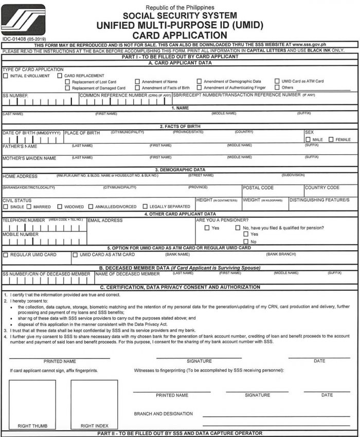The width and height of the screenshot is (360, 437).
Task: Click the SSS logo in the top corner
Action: [x=23, y=20]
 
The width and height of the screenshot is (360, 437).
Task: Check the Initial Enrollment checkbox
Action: [x=6, y=76]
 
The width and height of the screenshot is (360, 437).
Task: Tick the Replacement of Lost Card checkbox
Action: [x=68, y=82]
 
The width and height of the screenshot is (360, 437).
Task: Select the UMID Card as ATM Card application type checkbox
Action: [x=277, y=81]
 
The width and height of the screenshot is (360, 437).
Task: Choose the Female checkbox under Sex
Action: [x=331, y=139]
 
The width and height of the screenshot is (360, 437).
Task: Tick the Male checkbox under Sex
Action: [x=308, y=139]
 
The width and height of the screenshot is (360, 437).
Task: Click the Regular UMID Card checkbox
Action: [x=6, y=255]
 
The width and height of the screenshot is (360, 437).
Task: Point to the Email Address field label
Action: [x=105, y=220]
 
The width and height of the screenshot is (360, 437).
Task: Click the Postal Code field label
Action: [x=258, y=188]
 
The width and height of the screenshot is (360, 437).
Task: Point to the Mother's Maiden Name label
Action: [x=29, y=158]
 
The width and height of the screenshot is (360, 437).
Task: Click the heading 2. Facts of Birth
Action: [x=179, y=126]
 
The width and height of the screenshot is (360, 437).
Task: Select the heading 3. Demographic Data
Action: [x=179, y=169]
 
